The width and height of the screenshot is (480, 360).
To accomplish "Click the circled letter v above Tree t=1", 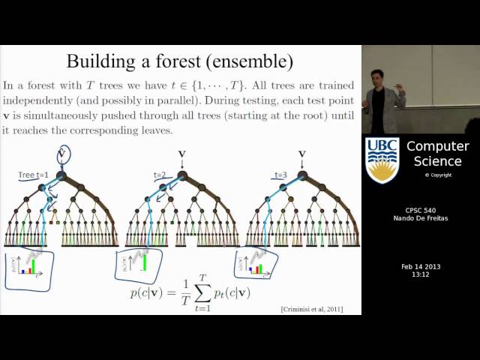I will (63, 154).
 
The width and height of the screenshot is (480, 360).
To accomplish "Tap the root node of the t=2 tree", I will (182, 175).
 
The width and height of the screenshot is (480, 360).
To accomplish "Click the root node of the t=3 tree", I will (302, 175).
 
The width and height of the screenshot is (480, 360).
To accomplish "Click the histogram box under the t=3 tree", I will (256, 263).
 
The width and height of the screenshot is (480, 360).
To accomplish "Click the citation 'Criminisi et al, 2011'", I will (312, 309).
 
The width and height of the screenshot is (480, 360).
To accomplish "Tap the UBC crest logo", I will (382, 159).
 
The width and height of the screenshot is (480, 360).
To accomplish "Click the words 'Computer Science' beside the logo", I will (437, 153).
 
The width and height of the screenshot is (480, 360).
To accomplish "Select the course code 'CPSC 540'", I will (420, 210).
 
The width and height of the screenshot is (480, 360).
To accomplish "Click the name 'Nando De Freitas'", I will (420, 219).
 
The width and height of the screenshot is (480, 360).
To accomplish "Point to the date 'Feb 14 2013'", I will (420, 266).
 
